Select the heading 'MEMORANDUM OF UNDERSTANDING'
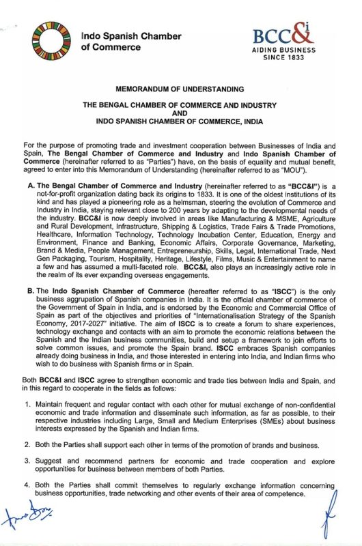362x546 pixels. (x=181, y=89)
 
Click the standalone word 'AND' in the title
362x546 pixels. (x=181, y=114)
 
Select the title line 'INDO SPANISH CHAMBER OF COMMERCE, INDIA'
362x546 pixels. (x=181, y=122)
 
